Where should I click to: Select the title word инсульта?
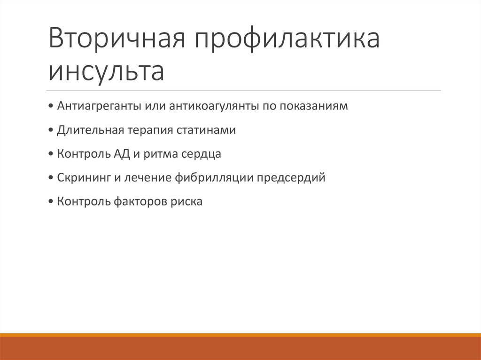(107, 71)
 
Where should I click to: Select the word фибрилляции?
(215, 178)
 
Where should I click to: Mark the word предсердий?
(292, 178)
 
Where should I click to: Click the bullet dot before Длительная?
(51, 130)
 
